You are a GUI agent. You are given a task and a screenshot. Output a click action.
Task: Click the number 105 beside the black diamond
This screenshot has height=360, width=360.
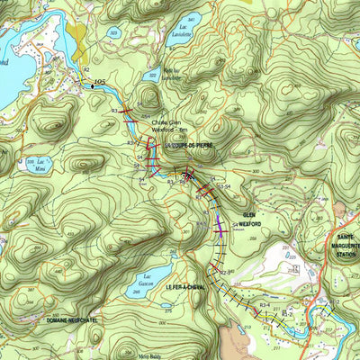click(x=99, y=82)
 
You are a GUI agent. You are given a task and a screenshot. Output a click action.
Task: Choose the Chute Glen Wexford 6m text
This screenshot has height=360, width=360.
click(x=167, y=126)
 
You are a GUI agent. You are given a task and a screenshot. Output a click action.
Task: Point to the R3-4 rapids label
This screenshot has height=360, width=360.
click(x=265, y=305)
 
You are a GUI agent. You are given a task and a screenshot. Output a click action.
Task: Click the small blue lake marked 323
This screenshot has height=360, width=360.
click(x=113, y=32)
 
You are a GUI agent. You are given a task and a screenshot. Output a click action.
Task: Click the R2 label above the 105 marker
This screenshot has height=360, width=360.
click(x=86, y=69)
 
